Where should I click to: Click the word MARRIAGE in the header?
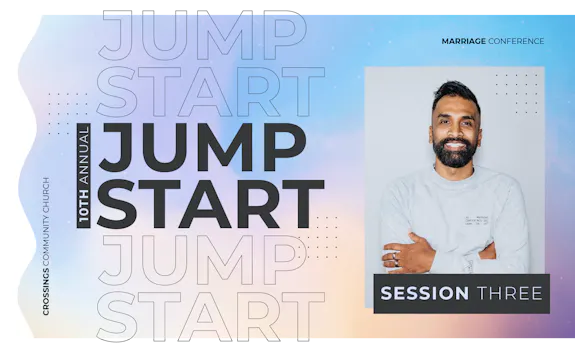tap(463, 41)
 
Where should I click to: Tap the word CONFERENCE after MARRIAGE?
tap(516, 41)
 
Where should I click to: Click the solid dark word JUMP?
tap(201, 147)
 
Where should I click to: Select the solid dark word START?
tap(209, 203)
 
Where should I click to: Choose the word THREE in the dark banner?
tap(509, 293)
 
